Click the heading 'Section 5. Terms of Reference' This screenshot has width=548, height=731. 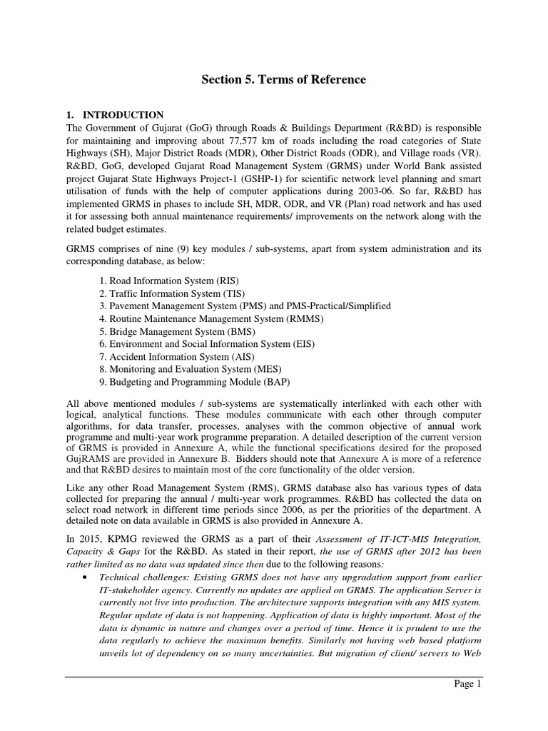[x=283, y=80]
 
